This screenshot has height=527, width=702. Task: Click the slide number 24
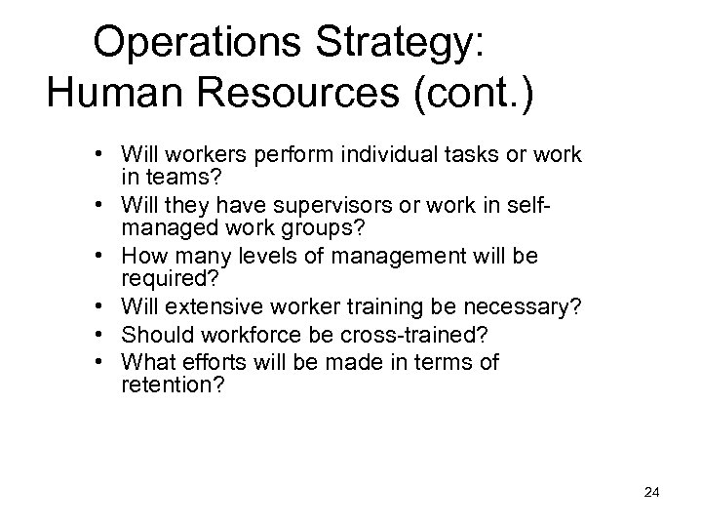pos(652,494)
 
